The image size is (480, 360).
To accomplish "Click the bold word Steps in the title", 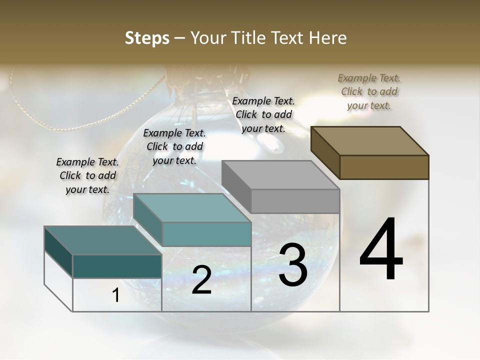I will (147, 38).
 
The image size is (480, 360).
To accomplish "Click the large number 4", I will (381, 250).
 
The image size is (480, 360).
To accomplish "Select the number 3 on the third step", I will (293, 265).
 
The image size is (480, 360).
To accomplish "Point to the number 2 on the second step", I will (201, 280).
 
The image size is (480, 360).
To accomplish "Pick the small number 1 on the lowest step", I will (116, 295).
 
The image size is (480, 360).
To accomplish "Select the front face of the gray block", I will (295, 201).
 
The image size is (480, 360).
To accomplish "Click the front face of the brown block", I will (384, 167).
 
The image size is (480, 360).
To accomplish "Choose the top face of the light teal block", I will (192, 208).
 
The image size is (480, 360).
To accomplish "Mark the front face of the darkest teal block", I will (117, 266).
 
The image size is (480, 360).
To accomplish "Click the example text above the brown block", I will (369, 91).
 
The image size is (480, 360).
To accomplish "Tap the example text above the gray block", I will (263, 114).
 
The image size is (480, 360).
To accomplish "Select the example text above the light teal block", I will (174, 146).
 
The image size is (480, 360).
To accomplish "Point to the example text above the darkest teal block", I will (87, 175).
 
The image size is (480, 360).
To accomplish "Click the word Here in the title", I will (328, 38).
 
